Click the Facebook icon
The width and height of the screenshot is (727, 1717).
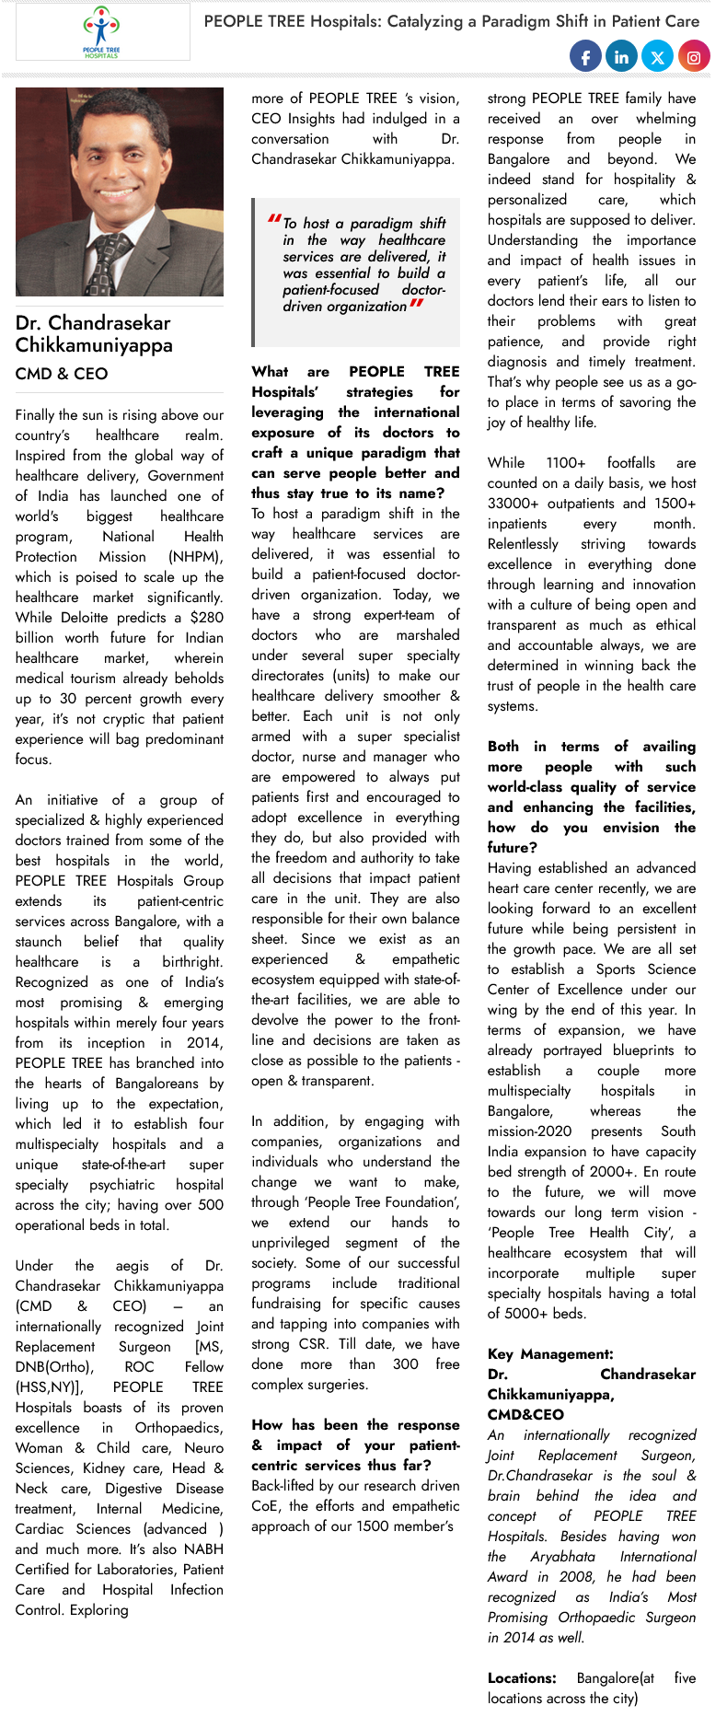pos(585,57)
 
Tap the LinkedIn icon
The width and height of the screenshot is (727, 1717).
pos(621,57)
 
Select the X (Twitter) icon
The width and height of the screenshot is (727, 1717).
pos(657,57)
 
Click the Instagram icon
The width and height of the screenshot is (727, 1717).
pos(694,57)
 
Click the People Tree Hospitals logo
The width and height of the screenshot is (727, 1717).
pos(101,32)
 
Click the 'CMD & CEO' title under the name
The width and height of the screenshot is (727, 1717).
pos(62,374)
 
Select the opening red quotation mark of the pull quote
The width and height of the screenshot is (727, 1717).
pos(274,220)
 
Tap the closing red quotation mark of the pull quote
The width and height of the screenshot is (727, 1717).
pos(416,304)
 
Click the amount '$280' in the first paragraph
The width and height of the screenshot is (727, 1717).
pos(205,618)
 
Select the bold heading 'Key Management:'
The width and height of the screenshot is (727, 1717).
pos(550,1354)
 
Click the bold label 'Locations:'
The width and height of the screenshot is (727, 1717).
pos(522,1678)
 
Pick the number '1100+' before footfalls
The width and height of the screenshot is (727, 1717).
pos(566,463)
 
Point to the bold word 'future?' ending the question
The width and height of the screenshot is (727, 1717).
pos(513,848)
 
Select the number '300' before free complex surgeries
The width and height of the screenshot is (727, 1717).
pos(406,1364)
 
